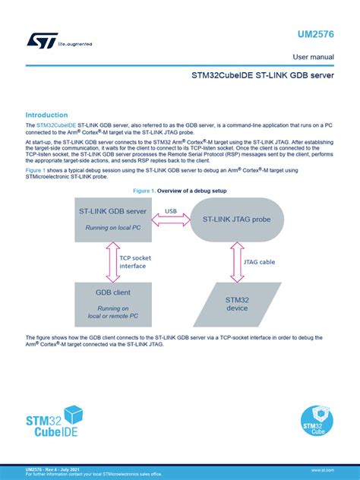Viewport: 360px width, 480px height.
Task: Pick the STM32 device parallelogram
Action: (236, 304)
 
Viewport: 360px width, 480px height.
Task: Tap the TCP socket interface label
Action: (135, 262)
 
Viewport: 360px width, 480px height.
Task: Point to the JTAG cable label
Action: (261, 262)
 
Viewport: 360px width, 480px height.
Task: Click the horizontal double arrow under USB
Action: (171, 220)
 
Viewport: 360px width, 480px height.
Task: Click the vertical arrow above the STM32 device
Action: (236, 262)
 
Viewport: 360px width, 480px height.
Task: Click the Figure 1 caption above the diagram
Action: (179, 189)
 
